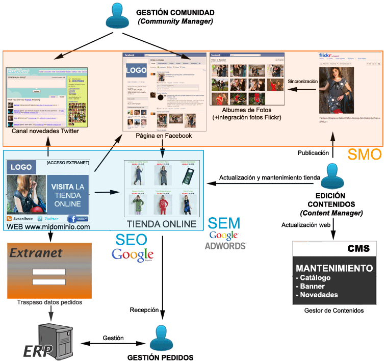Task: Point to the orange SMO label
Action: [x=364, y=154]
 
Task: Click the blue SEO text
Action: [x=132, y=239]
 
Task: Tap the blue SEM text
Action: [x=224, y=223]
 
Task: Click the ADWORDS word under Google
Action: [x=225, y=246]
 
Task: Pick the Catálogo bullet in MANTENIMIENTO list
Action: [x=315, y=278]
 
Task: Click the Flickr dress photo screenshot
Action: [x=332, y=91]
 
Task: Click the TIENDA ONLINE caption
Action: [x=161, y=223]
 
